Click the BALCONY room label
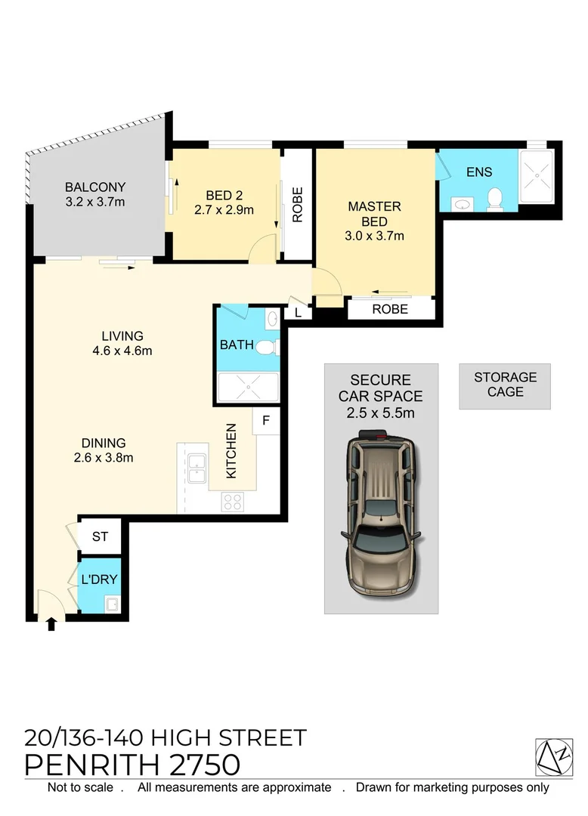pyautogui.click(x=95, y=187)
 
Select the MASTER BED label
pyautogui.click(x=374, y=214)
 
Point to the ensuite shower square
pyautogui.click(x=537, y=180)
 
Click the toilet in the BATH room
pyautogui.click(x=265, y=348)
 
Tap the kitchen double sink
pyautogui.click(x=197, y=468)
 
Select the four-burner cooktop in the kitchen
pyautogui.click(x=232, y=501)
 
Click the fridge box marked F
pyautogui.click(x=266, y=421)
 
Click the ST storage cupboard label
pyautogui.click(x=100, y=537)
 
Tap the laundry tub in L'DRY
pyautogui.click(x=112, y=603)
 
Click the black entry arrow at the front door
pyautogui.click(x=51, y=624)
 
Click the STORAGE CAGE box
pyautogui.click(x=505, y=385)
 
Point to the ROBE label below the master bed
pyautogui.click(x=390, y=309)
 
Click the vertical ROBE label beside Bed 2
pyautogui.click(x=297, y=205)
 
